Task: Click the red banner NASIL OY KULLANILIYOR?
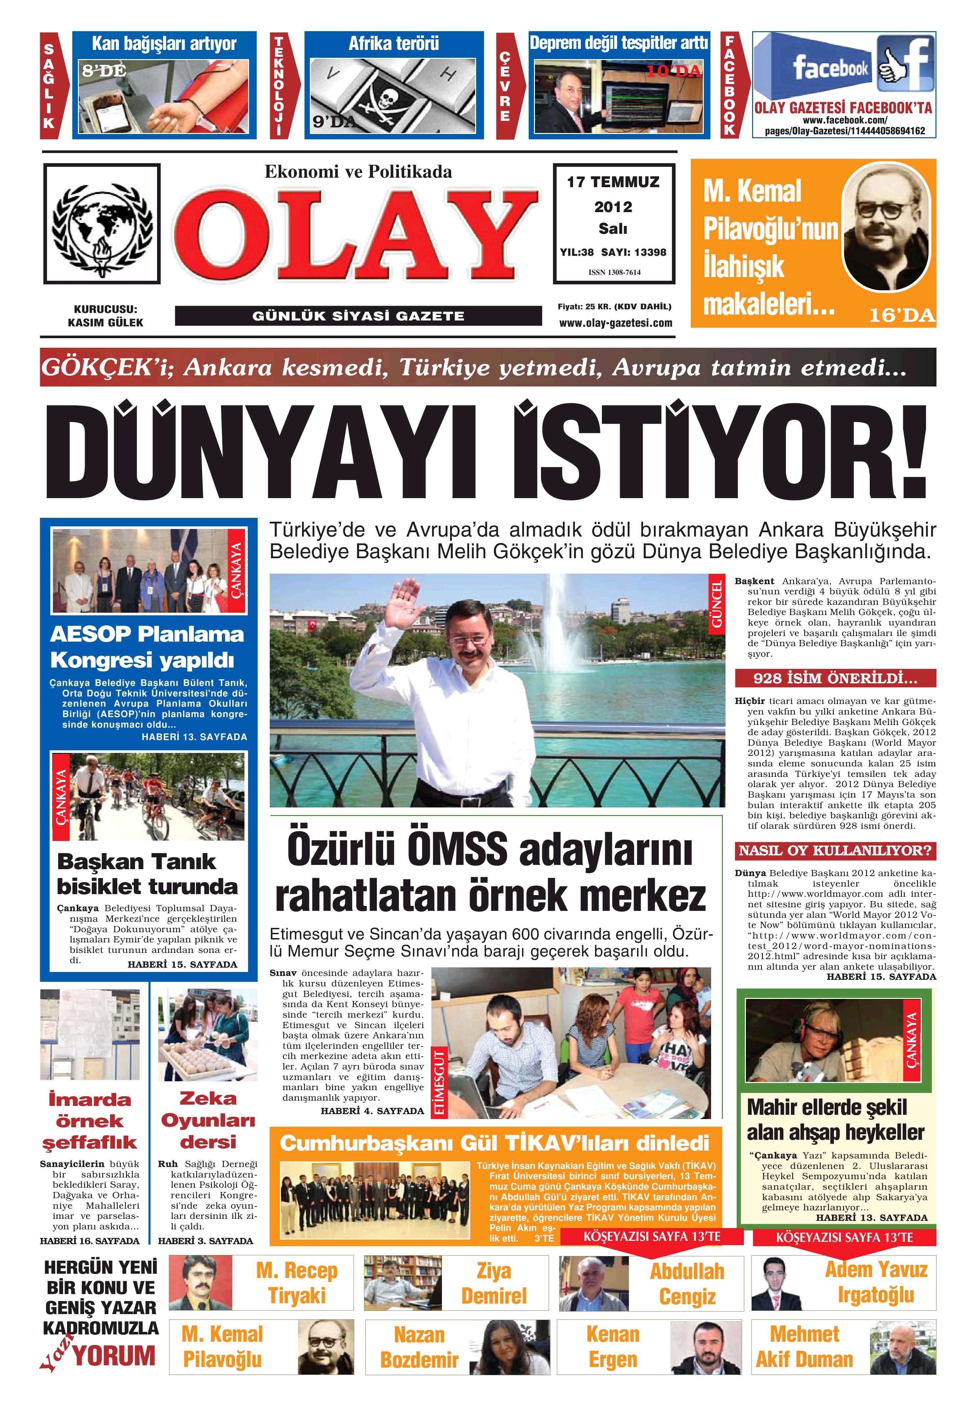(835, 850)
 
